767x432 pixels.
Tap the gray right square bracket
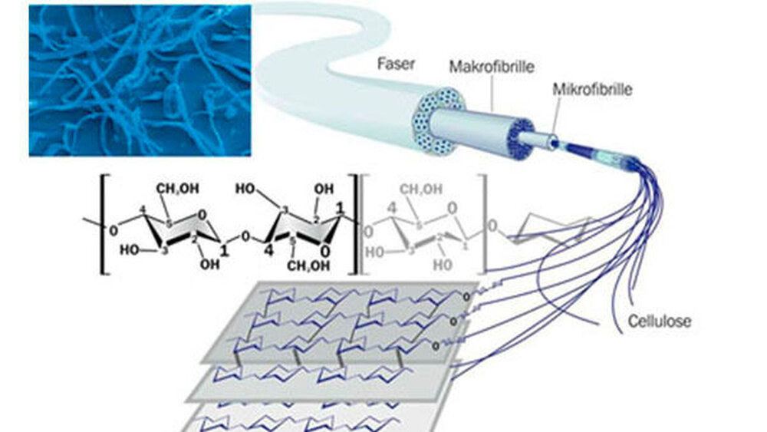tap(483, 223)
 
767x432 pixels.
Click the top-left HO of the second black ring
tap(248, 188)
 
